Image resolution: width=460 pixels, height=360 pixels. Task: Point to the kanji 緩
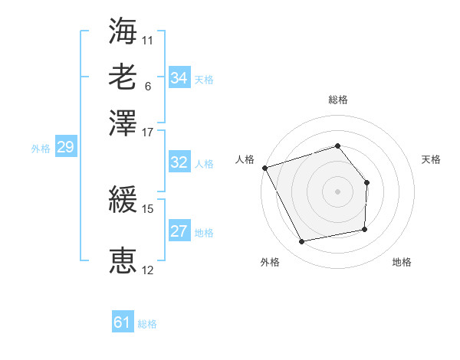[x=123, y=201]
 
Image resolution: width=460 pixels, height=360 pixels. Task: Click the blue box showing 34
[x=179, y=78]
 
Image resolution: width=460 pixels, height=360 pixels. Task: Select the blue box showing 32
[x=179, y=162]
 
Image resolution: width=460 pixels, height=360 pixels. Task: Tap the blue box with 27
[x=179, y=231]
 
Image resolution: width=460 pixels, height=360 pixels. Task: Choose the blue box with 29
[x=65, y=148]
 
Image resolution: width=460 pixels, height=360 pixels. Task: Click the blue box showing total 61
[x=123, y=322]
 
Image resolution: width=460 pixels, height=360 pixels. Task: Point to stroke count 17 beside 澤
[x=148, y=132]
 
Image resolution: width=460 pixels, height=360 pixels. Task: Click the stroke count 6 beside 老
[x=147, y=86]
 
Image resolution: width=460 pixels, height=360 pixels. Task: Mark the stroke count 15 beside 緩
[x=148, y=208]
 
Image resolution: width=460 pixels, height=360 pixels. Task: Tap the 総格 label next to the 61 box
[x=147, y=324]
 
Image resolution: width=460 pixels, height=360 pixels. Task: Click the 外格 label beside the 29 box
[x=40, y=149]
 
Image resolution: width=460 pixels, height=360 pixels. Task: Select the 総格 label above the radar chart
[x=337, y=100]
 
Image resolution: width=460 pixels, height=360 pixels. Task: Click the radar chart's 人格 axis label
[x=245, y=159]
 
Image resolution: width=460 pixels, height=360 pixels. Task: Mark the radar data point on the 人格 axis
[x=264, y=168]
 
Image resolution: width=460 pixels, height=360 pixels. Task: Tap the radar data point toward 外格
[x=301, y=242]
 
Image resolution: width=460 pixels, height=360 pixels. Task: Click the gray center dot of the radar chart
[x=337, y=191]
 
